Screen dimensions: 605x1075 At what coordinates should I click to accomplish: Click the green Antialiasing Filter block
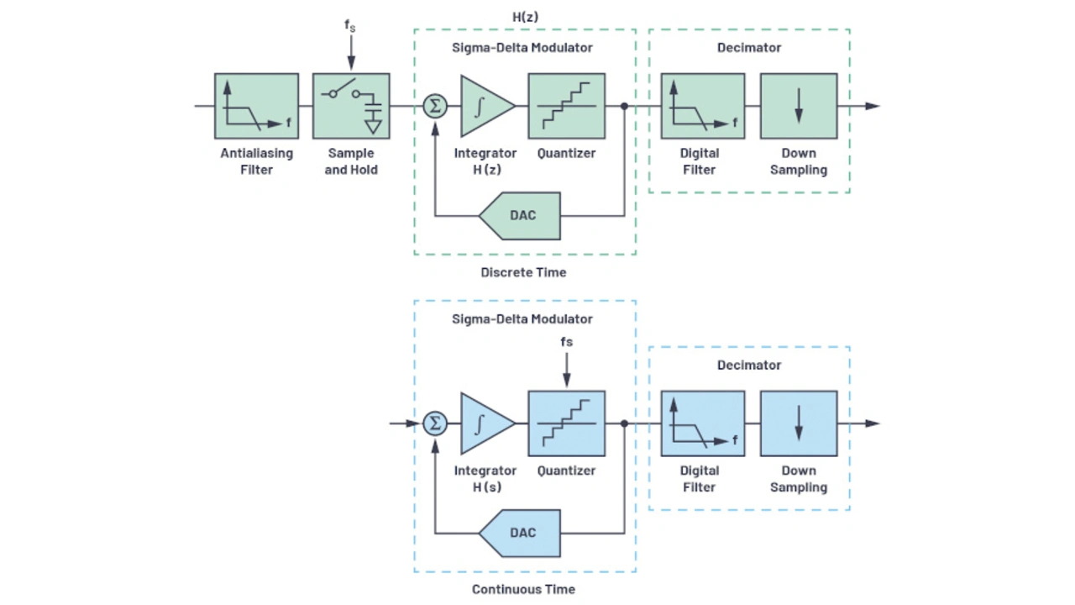point(256,106)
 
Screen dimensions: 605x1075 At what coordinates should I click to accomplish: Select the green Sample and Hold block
point(351,106)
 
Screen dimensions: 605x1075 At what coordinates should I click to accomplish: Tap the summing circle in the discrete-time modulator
point(434,106)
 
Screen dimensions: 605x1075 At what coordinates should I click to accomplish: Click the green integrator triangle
point(483,106)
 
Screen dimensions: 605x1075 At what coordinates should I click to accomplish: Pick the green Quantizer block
point(566,106)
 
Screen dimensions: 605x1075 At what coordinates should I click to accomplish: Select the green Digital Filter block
point(702,106)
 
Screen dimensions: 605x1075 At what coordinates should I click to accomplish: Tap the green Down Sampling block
point(798,106)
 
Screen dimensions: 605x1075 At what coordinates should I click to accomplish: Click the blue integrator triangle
point(483,423)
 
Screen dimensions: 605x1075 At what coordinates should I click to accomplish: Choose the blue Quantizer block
point(566,423)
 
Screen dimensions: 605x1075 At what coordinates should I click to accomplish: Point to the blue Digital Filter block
point(702,423)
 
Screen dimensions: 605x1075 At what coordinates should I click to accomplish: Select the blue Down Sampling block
point(798,423)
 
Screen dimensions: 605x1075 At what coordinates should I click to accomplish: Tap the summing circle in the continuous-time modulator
point(434,423)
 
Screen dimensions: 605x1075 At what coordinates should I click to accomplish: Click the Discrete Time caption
point(523,272)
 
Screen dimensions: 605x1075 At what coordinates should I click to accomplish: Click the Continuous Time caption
point(523,589)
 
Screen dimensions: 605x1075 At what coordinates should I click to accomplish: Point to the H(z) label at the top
point(526,16)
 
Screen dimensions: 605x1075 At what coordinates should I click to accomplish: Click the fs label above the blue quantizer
point(566,342)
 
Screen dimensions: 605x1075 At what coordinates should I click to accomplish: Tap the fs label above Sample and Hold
point(350,25)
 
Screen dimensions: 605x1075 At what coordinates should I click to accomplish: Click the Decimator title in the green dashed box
point(748,48)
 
